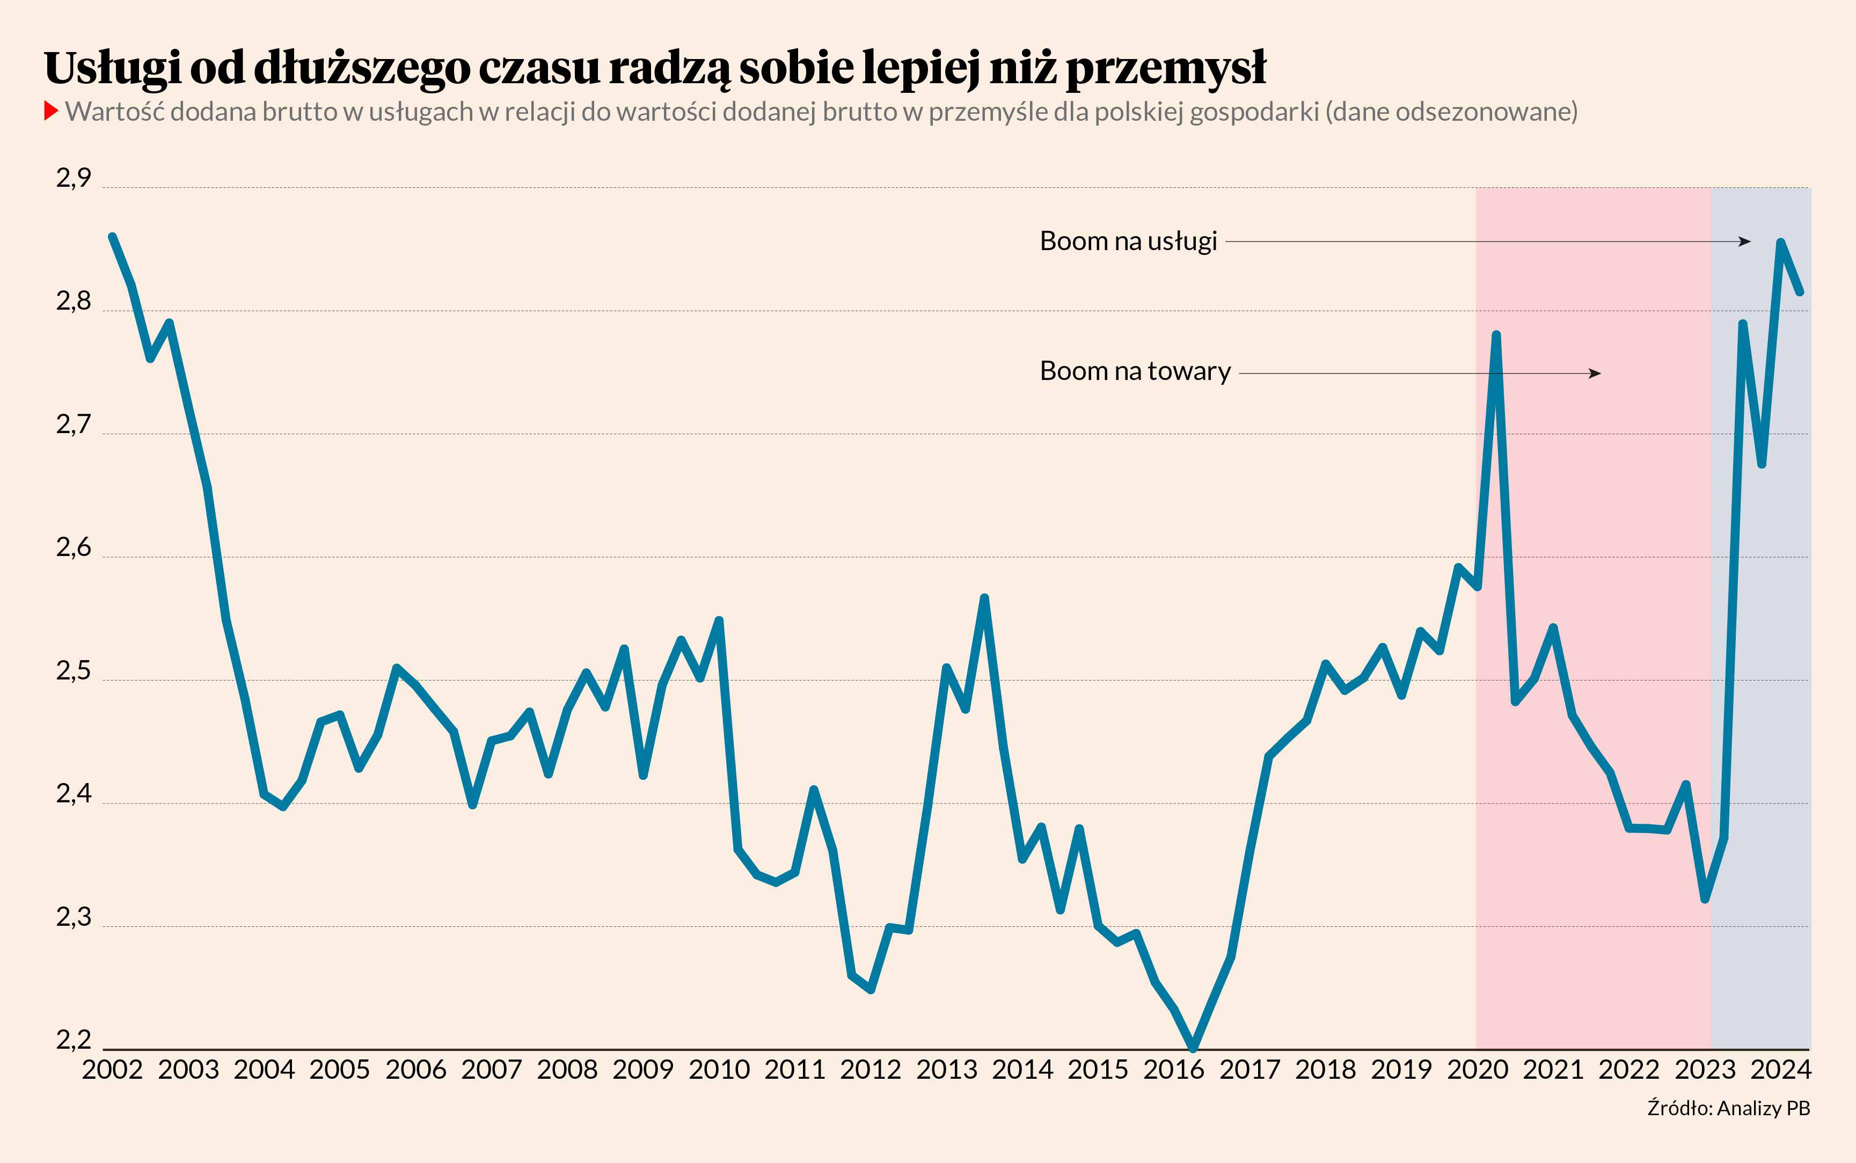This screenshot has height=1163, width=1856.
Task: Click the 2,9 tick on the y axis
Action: click(x=73, y=179)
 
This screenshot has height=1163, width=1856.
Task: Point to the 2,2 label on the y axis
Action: click(x=73, y=1040)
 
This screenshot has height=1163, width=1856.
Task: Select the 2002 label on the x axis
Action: click(x=112, y=1069)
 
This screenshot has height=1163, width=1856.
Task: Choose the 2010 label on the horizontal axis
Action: click(x=718, y=1069)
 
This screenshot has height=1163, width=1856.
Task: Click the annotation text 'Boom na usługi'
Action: click(x=1128, y=242)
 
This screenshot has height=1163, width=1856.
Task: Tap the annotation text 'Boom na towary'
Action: click(x=1135, y=371)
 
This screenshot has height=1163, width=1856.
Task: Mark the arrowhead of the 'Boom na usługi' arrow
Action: click(x=1745, y=242)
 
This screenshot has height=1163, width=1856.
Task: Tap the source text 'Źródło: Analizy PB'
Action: click(x=1728, y=1108)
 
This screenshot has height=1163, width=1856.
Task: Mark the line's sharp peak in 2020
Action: click(x=1496, y=334)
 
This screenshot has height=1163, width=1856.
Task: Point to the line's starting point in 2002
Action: click(x=112, y=237)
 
